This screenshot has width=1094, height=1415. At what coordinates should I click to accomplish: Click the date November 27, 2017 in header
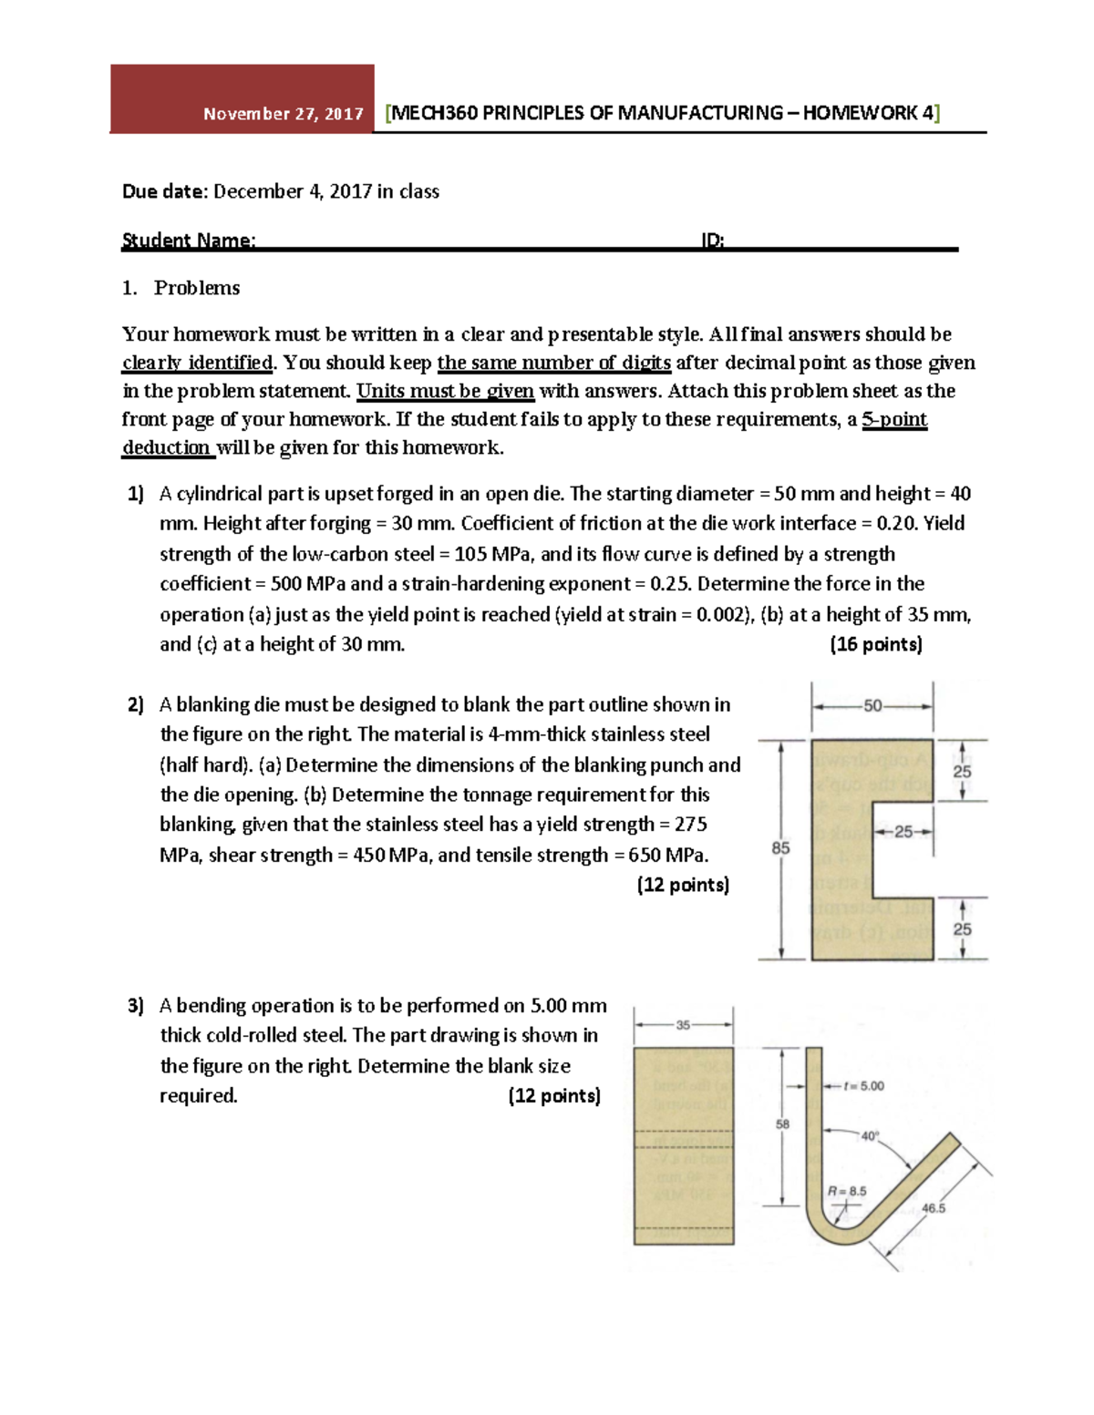[283, 114]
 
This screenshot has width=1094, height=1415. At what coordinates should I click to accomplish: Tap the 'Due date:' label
[165, 191]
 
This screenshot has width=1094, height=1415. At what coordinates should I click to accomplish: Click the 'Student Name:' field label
[189, 241]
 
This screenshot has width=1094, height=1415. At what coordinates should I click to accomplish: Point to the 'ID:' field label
[712, 241]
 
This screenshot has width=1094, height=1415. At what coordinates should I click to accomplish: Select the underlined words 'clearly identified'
[197, 363]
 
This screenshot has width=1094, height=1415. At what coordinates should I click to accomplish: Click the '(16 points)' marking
[875, 644]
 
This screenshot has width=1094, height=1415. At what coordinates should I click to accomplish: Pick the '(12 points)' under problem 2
[683, 885]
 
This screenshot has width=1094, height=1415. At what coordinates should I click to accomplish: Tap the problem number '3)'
[136, 1006]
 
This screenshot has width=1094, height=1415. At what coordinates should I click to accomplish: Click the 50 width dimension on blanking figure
[872, 705]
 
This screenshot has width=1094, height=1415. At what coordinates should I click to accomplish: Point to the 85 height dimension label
[780, 848]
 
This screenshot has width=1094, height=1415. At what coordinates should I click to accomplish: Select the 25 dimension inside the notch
[903, 832]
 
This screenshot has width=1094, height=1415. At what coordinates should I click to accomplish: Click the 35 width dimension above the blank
[683, 1025]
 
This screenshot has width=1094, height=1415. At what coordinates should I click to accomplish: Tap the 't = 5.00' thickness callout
[863, 1086]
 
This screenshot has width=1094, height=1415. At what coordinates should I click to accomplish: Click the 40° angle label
[870, 1136]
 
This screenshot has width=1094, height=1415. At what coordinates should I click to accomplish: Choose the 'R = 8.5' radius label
[846, 1191]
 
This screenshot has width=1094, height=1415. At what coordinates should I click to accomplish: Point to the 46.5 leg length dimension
[934, 1208]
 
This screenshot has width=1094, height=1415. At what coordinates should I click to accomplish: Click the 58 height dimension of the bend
[782, 1124]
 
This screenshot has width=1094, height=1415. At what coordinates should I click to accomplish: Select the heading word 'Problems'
[197, 288]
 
